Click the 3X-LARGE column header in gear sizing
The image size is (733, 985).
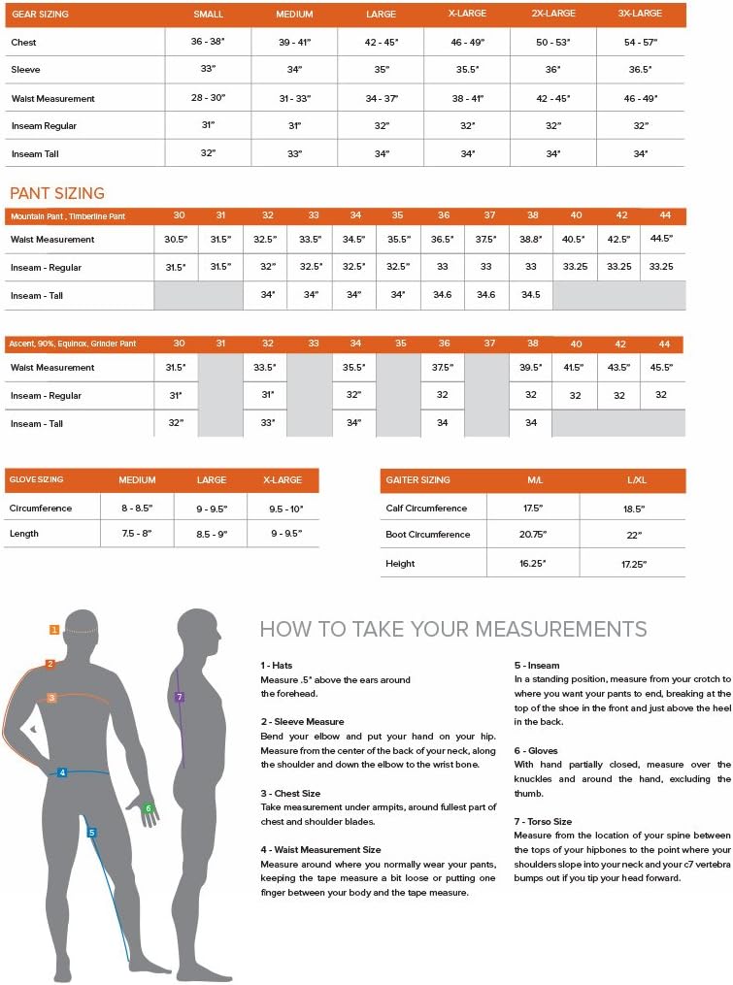tap(641, 14)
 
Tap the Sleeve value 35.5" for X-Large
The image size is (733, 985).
tap(468, 71)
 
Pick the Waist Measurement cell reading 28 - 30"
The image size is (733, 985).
tap(208, 99)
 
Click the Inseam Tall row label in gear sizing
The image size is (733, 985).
tap(44, 154)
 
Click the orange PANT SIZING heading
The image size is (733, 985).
tap(57, 194)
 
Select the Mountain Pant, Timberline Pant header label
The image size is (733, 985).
tap(67, 215)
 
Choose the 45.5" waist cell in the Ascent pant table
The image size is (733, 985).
tap(662, 368)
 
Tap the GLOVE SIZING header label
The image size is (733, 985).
tap(36, 480)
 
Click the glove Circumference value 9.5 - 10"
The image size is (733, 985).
tap(283, 509)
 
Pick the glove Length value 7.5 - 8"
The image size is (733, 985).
tap(137, 534)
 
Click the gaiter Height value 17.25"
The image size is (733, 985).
tap(633, 563)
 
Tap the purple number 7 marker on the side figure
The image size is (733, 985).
tap(179, 697)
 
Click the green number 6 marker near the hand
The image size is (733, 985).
tap(149, 807)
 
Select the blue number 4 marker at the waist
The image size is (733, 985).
tap(62, 772)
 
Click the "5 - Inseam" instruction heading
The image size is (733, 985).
tap(537, 666)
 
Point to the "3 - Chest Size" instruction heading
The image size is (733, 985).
tap(291, 793)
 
